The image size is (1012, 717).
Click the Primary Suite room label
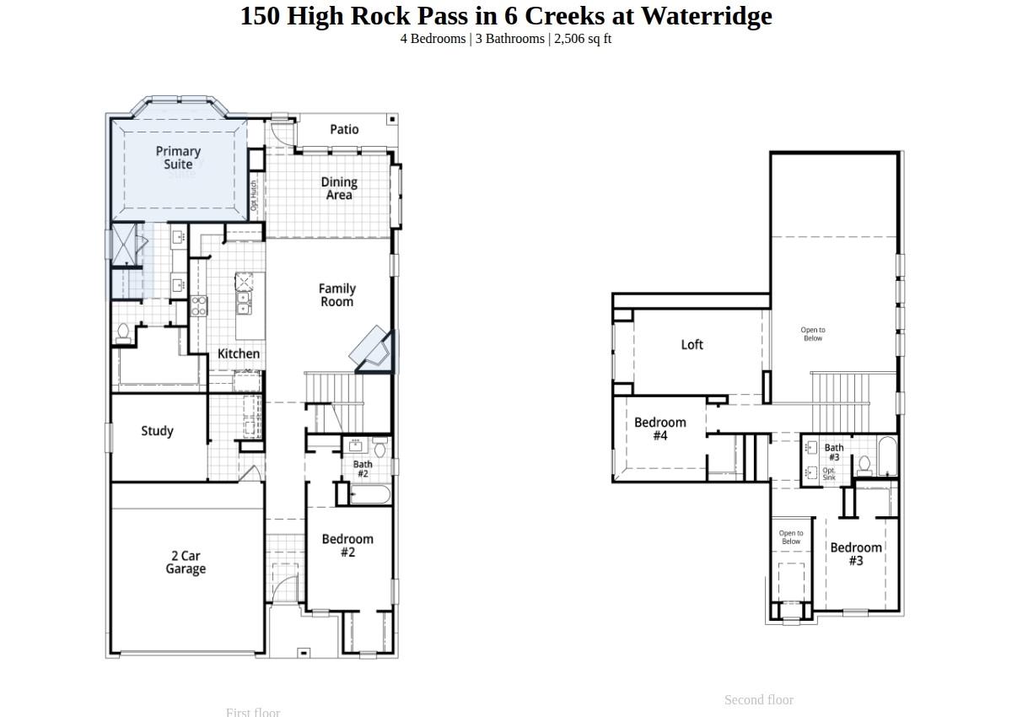click(x=178, y=158)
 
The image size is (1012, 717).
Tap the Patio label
click(x=344, y=129)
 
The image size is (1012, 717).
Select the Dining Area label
click(x=339, y=188)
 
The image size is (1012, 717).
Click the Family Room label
click(x=336, y=295)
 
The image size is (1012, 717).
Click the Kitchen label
click(x=239, y=353)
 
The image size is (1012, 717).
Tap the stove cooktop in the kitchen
click(x=199, y=305)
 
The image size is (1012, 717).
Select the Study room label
click(x=157, y=431)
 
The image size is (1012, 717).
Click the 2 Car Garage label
click(x=186, y=562)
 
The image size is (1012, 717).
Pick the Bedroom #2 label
click(x=347, y=545)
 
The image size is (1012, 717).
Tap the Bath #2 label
click(x=363, y=469)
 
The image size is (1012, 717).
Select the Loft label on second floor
click(x=692, y=344)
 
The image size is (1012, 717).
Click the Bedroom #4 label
click(x=660, y=429)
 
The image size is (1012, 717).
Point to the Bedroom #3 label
click(x=856, y=553)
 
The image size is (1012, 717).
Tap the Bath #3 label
click(x=834, y=452)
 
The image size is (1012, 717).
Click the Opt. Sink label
click(x=829, y=474)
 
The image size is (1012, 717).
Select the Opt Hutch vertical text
click(x=254, y=196)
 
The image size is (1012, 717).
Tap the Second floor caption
click(x=758, y=699)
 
